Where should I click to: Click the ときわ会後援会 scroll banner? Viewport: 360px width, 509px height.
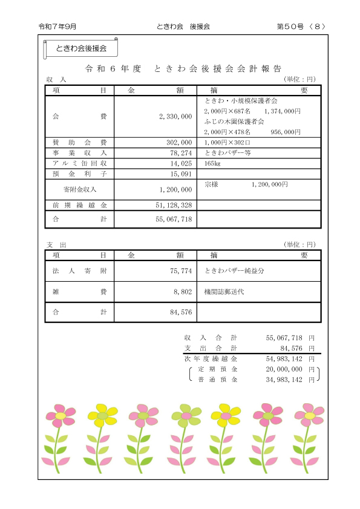pos(80,48)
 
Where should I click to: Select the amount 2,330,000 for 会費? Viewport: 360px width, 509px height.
pos(175,115)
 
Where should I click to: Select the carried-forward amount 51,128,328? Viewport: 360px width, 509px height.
pos(172,206)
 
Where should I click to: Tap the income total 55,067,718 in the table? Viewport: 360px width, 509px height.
pos(172,219)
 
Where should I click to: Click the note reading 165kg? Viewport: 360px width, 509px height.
pos(212,163)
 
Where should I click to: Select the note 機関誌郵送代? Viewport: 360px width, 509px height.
pos(224,292)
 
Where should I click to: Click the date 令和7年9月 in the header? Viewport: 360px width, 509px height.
pos(57,27)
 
